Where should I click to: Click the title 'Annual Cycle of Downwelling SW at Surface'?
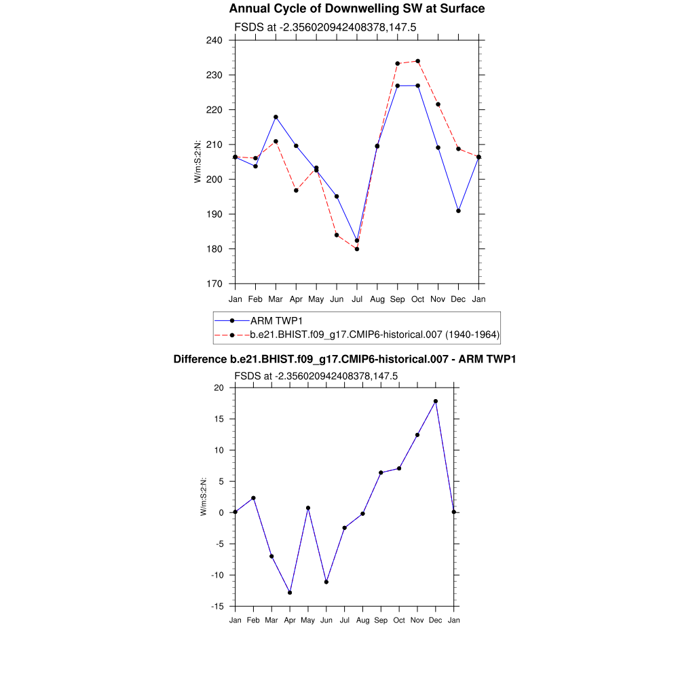[x=356, y=9]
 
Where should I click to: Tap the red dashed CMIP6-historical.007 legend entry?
[x=375, y=335]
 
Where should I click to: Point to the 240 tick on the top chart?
[x=214, y=40]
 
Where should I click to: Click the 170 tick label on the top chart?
[x=214, y=284]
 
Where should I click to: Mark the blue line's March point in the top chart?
[x=276, y=117]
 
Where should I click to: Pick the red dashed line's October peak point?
[x=417, y=61]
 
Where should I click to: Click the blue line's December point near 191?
[x=459, y=210]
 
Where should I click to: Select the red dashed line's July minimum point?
[x=357, y=249]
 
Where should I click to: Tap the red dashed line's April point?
[x=296, y=190]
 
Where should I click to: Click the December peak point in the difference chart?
[x=436, y=401]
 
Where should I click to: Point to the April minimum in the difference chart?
[x=290, y=593]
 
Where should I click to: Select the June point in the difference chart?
[x=326, y=582]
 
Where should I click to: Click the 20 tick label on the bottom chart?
[x=219, y=388]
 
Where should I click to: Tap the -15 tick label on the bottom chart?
[x=217, y=606]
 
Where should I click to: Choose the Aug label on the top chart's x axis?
[x=377, y=299]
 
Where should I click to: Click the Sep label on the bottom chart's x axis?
[x=381, y=620]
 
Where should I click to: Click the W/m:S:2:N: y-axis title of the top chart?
[x=198, y=162]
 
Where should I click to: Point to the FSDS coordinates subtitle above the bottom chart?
[x=316, y=376]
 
